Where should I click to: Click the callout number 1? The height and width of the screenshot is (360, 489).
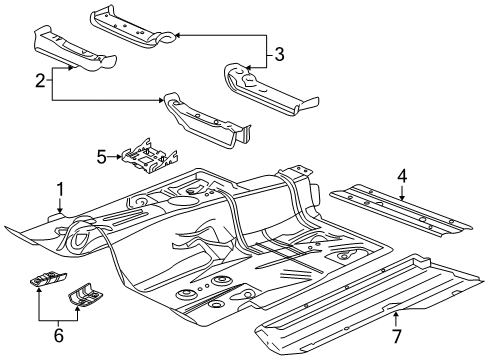pos(59,187)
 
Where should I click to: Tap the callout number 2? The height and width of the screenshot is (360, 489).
pos(40,81)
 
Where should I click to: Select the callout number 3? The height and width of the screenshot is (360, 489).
pos(280,54)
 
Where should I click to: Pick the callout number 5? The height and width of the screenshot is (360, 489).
pos(101,156)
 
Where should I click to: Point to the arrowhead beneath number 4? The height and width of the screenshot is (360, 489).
pos(402,199)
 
